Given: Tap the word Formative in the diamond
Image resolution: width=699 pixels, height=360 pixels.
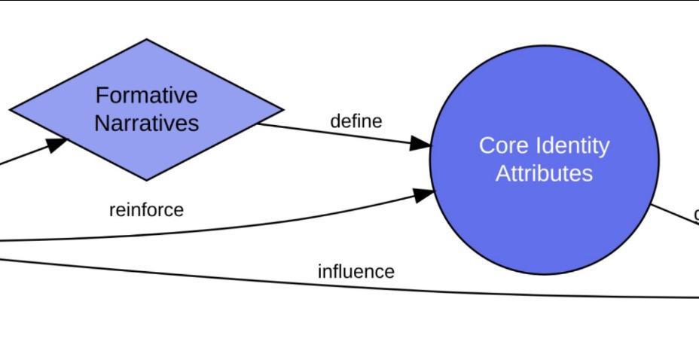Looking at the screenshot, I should point(146,96).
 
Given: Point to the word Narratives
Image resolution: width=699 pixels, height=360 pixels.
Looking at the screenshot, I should point(146,123).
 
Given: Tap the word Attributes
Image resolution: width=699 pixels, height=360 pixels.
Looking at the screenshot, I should point(544,174).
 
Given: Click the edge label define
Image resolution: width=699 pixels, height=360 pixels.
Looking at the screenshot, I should point(356,121).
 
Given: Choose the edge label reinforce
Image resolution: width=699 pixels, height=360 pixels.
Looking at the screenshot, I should point(146,210).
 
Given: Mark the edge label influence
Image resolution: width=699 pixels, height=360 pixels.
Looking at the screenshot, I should point(356,271).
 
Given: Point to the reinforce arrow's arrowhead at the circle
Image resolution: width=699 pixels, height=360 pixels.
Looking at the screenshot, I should point(424,195).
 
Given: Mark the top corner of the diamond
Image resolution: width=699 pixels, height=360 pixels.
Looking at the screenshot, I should point(146,40).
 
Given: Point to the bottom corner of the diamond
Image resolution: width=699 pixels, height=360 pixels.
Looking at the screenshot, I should point(146,180).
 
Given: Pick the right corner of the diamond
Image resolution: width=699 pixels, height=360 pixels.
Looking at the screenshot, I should point(282,109).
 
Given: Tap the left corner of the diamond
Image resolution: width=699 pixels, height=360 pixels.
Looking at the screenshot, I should point(11,110).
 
